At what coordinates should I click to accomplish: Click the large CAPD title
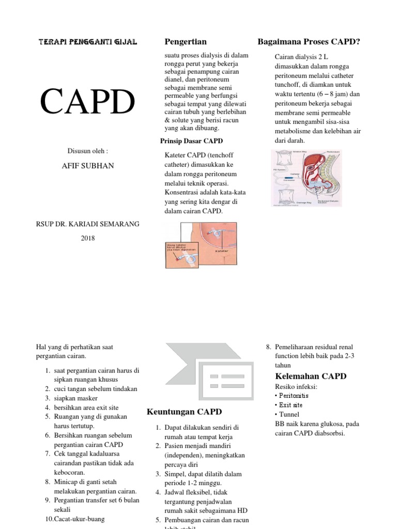(88, 102)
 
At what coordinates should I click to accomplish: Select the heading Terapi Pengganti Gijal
(88, 42)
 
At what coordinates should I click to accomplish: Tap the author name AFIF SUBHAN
(88, 166)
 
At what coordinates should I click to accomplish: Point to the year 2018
(88, 238)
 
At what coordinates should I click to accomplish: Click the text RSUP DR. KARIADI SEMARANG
(88, 224)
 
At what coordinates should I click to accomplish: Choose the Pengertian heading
(185, 41)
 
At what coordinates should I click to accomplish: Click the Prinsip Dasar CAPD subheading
(192, 141)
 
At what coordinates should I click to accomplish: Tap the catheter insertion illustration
(201, 245)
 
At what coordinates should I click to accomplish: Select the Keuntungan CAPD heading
(184, 412)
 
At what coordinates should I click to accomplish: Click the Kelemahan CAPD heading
(310, 376)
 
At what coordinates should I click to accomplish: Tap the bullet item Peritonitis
(294, 395)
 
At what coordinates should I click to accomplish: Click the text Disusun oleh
(88, 151)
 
